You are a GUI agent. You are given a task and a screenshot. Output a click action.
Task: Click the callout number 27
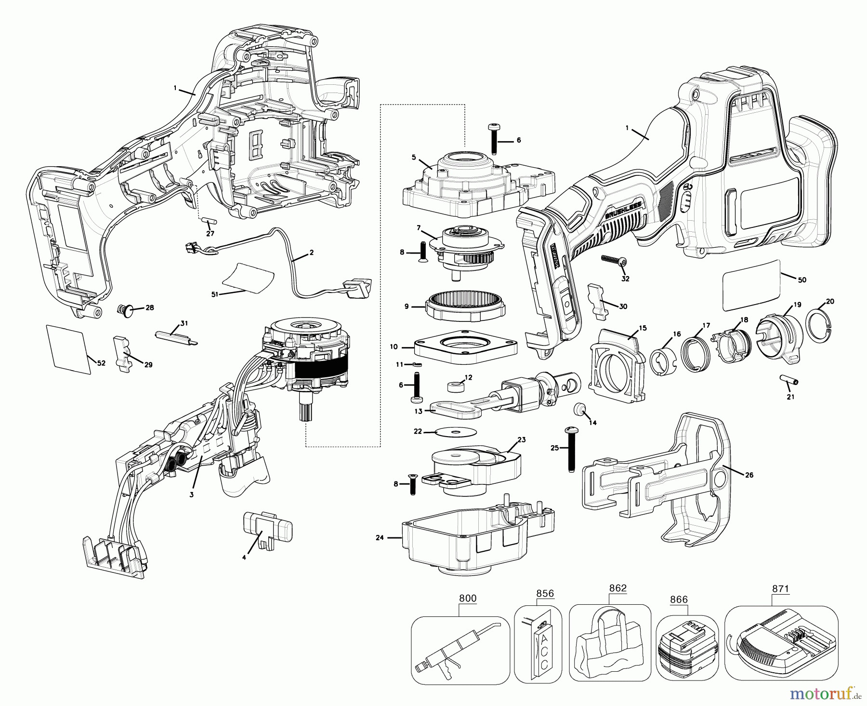[210, 234]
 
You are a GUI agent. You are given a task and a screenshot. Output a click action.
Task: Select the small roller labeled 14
[580, 411]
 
